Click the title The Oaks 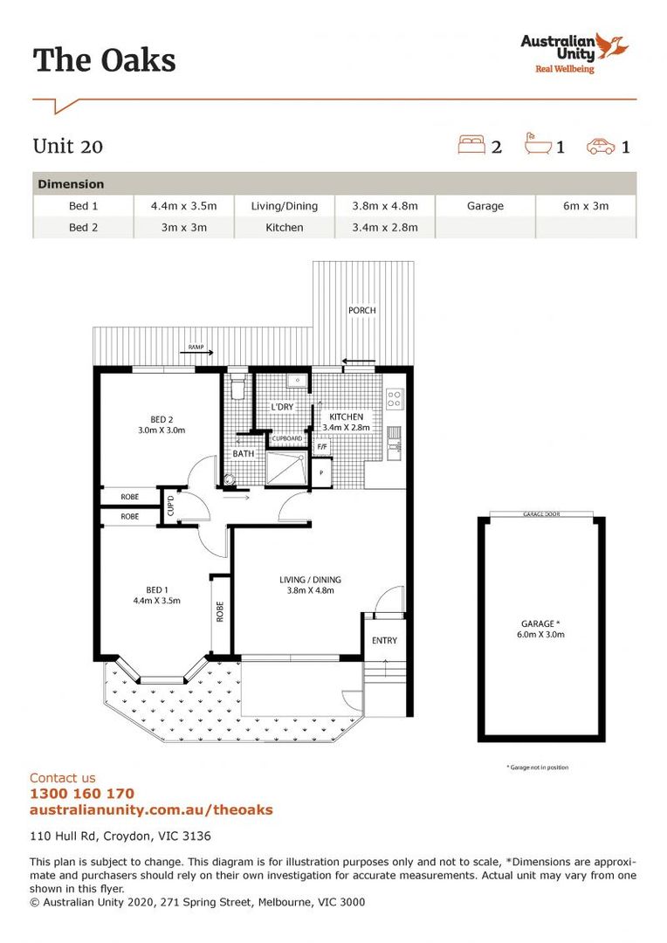click(x=104, y=60)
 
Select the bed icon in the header click(x=471, y=145)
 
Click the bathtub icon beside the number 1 click(x=537, y=144)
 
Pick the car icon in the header click(x=601, y=146)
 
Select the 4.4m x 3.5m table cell click(x=183, y=206)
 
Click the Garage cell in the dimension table click(x=485, y=206)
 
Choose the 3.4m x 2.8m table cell click(x=385, y=227)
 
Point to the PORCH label click(x=361, y=310)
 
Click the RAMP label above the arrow click(x=196, y=348)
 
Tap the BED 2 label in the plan click(x=161, y=418)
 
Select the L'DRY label click(x=281, y=407)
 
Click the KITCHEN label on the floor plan click(x=347, y=416)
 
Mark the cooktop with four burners click(x=394, y=399)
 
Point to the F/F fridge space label click(x=322, y=446)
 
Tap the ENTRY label click(x=384, y=640)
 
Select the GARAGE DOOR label click(x=540, y=515)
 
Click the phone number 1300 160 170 click(x=82, y=794)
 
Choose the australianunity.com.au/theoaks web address click(x=151, y=809)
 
